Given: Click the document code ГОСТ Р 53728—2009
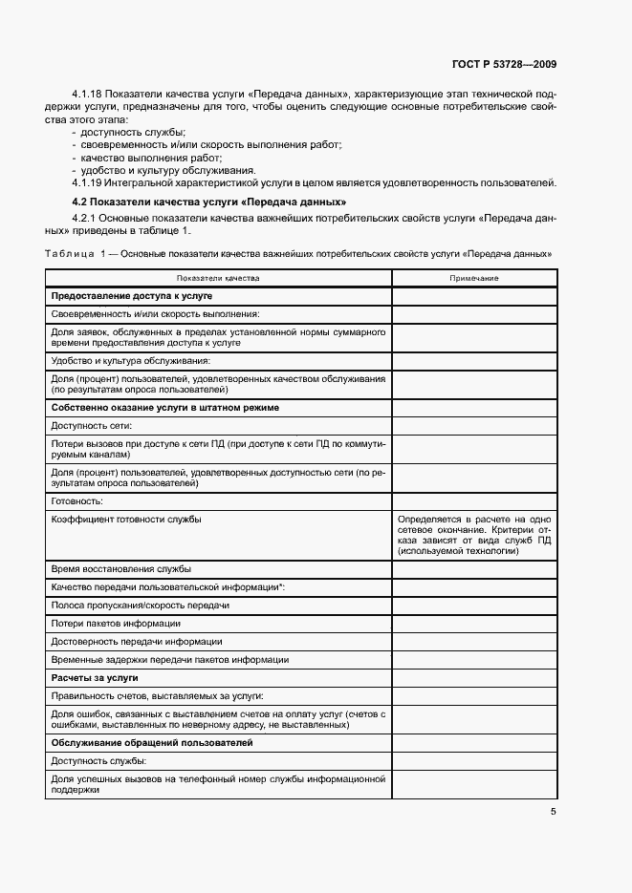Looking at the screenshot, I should [504, 64].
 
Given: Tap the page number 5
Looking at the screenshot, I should [553, 812].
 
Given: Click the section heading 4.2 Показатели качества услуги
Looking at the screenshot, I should [209, 202].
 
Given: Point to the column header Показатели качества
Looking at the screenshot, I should [217, 278].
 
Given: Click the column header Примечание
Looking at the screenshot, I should [474, 278].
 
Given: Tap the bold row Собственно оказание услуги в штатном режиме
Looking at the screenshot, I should [164, 407].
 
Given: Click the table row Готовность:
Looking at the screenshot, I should [76, 500].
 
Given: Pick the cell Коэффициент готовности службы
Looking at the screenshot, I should [126, 519].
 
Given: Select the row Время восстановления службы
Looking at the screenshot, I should [120, 568].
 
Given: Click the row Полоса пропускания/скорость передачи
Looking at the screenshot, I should [140, 605].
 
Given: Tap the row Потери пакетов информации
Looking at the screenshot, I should [116, 623].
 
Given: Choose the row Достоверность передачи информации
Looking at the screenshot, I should [137, 641].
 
